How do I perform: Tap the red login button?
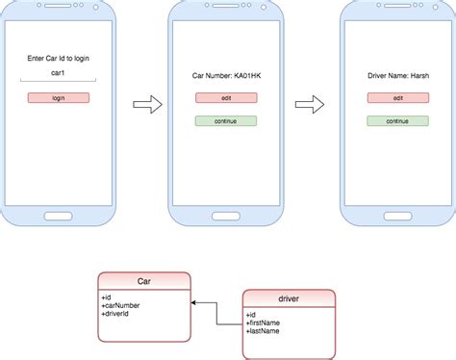tap(59, 97)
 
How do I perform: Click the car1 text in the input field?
tap(59, 73)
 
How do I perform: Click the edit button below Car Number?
tap(226, 97)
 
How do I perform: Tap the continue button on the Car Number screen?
tap(226, 121)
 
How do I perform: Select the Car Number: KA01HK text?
tap(226, 73)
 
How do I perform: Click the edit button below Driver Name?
tap(397, 97)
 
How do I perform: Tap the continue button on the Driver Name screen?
tap(397, 121)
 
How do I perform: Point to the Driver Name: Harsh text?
tap(397, 73)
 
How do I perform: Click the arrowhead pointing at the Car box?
tap(193, 303)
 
